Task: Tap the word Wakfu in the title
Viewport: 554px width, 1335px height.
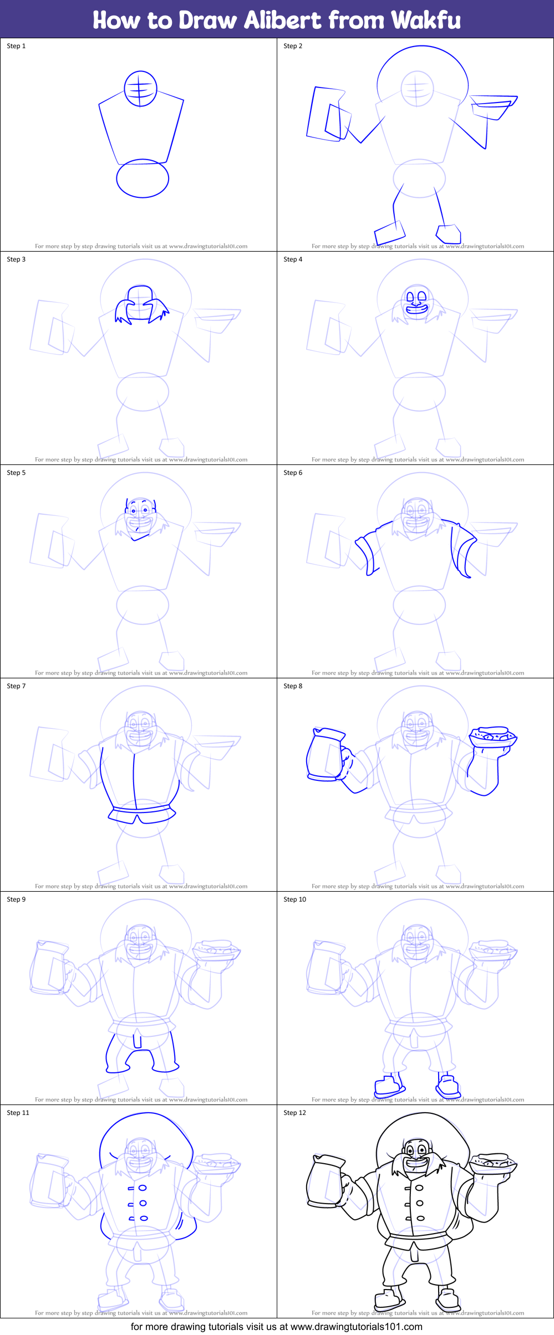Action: [425, 21]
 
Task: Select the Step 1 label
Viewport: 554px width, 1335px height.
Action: [16, 46]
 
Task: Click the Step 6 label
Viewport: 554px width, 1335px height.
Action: [293, 473]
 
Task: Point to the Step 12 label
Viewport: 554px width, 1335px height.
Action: [294, 1113]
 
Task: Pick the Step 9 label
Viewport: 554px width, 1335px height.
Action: [16, 899]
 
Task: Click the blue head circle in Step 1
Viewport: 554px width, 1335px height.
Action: [140, 89]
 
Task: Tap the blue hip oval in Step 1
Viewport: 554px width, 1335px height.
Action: [143, 178]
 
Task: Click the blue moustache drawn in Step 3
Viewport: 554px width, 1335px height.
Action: [141, 310]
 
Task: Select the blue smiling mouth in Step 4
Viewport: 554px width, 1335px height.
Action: [417, 309]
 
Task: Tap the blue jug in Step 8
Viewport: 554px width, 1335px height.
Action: [326, 755]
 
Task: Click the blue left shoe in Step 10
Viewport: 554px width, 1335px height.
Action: [387, 1085]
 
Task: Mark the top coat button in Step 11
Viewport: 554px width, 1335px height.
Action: [143, 1188]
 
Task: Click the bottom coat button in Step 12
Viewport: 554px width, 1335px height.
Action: [420, 1219]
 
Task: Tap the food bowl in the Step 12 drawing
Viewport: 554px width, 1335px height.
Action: [493, 1163]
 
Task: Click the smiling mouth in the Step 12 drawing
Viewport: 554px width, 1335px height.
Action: [416, 1163]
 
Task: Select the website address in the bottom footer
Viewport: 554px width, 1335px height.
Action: [356, 1327]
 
